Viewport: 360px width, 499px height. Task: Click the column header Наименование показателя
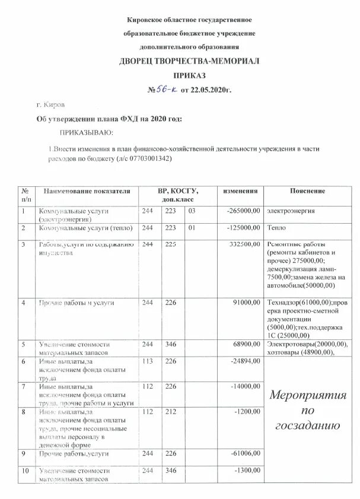(x=84, y=191)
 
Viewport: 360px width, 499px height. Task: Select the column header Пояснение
(x=307, y=191)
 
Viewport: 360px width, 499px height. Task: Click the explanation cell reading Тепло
(x=276, y=227)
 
